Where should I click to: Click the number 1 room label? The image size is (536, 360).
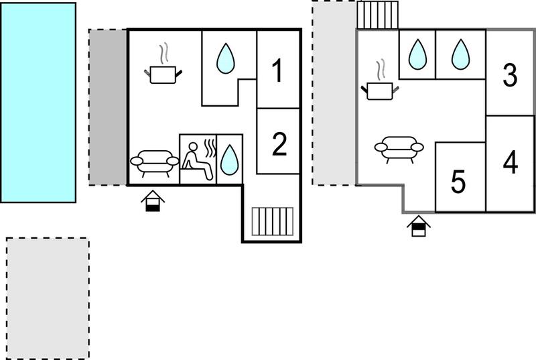pyautogui.click(x=278, y=70)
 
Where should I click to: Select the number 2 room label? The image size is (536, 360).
pyautogui.click(x=279, y=144)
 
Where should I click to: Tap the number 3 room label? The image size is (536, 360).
pyautogui.click(x=510, y=75)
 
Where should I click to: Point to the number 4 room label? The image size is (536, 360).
pyautogui.click(x=511, y=162)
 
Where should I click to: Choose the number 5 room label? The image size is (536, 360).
pyautogui.click(x=458, y=182)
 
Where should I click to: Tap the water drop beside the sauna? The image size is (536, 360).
pyautogui.click(x=229, y=160)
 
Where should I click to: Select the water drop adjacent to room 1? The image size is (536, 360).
pyautogui.click(x=226, y=58)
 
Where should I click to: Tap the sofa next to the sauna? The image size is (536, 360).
pyautogui.click(x=155, y=163)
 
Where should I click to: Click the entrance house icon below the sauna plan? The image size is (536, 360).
pyautogui.click(x=153, y=201)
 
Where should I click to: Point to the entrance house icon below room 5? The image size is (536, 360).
pyautogui.click(x=419, y=226)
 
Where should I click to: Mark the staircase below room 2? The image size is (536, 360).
pyautogui.click(x=273, y=221)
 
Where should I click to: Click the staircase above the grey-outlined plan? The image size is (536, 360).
pyautogui.click(x=378, y=15)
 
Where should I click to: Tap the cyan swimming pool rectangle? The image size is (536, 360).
pyautogui.click(x=38, y=103)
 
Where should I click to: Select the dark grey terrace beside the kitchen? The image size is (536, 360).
pyautogui.click(x=108, y=107)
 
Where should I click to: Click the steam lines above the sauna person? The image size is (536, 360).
pyautogui.click(x=210, y=147)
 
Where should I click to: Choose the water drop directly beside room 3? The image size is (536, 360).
pyautogui.click(x=460, y=55)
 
